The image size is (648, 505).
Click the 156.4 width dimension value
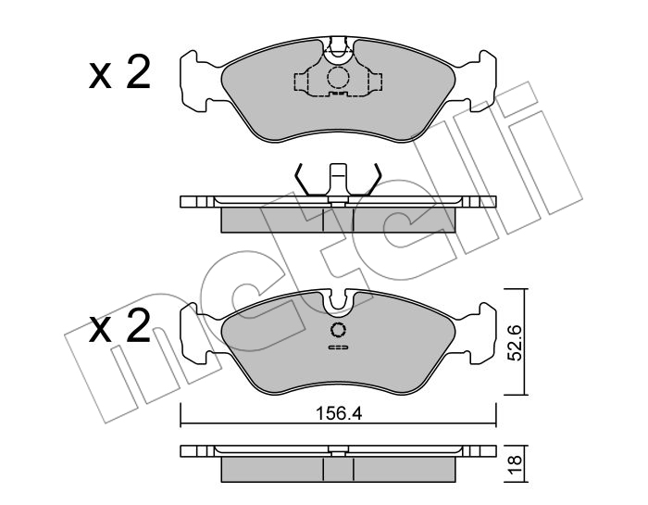(x=339, y=413)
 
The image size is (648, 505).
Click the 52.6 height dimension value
(x=515, y=342)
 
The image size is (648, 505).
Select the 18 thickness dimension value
(x=516, y=464)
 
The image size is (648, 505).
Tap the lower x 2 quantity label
(x=119, y=327)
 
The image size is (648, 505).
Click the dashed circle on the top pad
(x=339, y=77)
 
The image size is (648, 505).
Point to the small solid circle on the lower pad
(x=339, y=330)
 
